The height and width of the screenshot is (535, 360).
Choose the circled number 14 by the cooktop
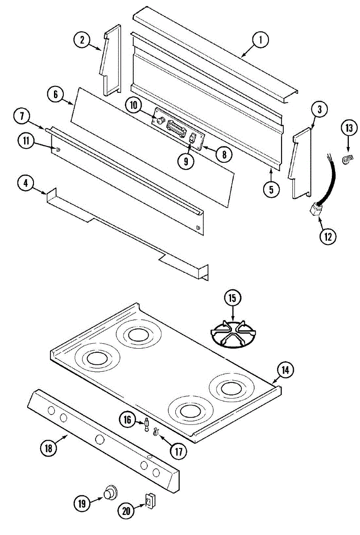point(286,370)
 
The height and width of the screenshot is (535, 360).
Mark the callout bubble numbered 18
point(49,447)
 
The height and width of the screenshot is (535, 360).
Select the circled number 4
point(27,183)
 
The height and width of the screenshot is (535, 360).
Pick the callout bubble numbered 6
point(55,95)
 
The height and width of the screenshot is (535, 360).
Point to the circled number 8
point(223,154)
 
